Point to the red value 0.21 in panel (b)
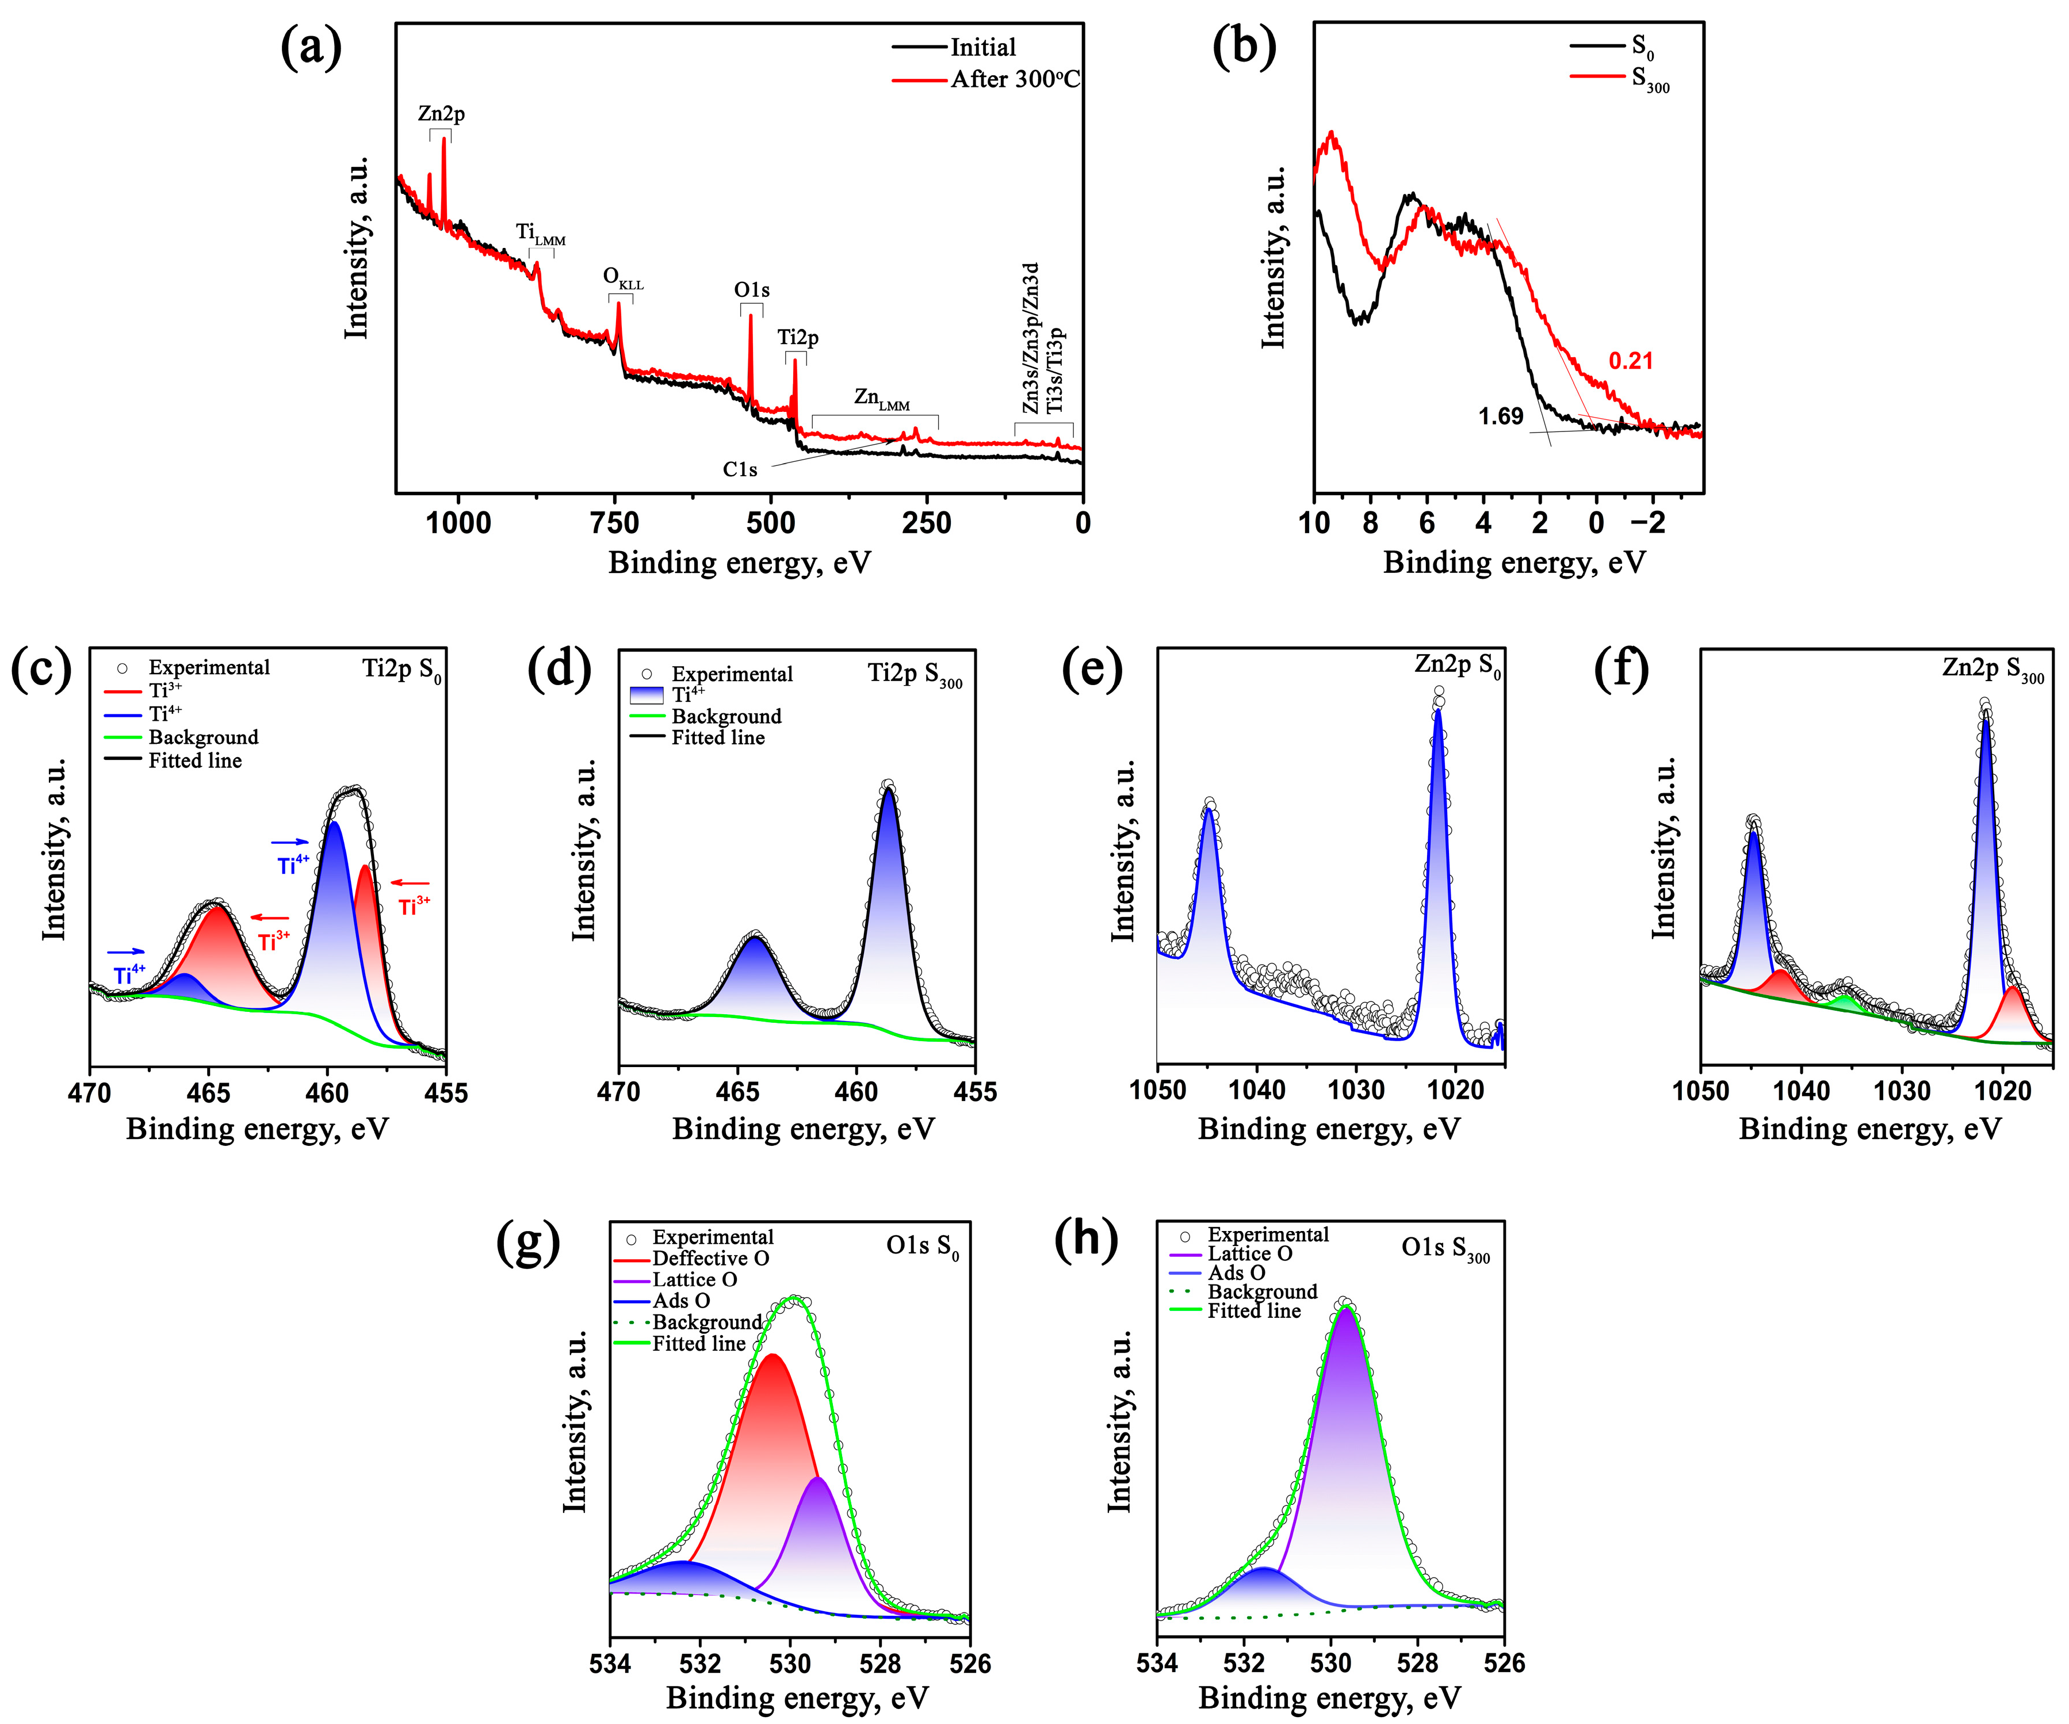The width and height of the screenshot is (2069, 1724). (1631, 361)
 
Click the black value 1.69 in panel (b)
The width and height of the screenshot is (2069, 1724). (1501, 416)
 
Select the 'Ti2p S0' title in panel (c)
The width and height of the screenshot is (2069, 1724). (402, 670)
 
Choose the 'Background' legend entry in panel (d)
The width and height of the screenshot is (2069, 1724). (726, 716)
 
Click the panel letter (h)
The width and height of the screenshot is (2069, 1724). (1086, 1239)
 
